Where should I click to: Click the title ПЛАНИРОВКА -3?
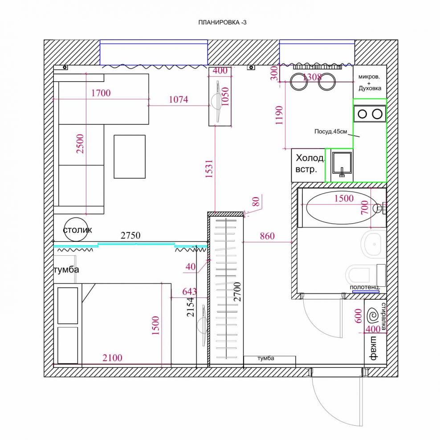[222, 22]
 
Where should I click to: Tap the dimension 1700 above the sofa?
[101, 93]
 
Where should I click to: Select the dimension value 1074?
[179, 100]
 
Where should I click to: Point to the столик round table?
[76, 229]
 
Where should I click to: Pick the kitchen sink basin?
[342, 163]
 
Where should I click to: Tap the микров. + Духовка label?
[370, 82]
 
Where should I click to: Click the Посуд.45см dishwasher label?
[330, 131]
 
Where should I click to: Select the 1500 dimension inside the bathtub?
[344, 198]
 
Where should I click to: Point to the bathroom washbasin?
[374, 244]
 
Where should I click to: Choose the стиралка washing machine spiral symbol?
[373, 316]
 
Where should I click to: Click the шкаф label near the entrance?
[374, 348]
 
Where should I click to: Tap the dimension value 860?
[267, 236]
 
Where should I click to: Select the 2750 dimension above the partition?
[130, 235]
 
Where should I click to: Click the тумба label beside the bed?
[66, 270]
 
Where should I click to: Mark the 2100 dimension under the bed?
[112, 358]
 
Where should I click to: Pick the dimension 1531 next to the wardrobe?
[209, 169]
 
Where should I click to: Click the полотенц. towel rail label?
[365, 287]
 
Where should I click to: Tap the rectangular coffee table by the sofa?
[130, 157]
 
